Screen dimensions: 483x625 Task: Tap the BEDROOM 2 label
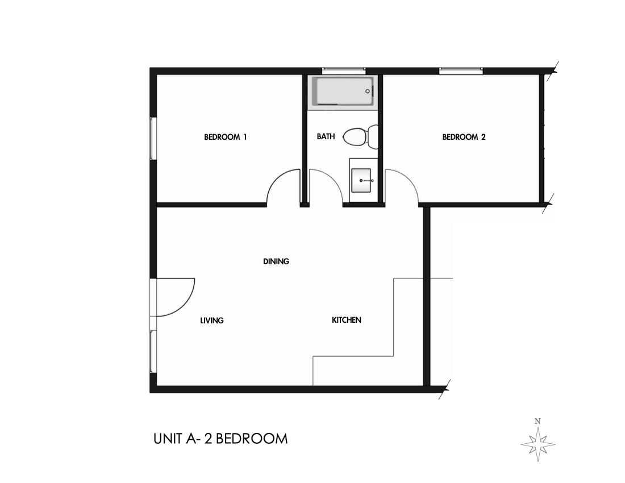(x=464, y=137)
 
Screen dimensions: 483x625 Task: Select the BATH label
(x=326, y=136)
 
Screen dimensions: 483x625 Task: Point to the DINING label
(x=276, y=261)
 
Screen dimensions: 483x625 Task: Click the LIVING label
(x=212, y=320)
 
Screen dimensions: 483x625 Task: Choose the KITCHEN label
(x=347, y=320)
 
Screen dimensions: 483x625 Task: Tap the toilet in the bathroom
(x=358, y=137)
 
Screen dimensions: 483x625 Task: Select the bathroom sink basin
(x=361, y=180)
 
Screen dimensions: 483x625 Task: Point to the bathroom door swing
(x=325, y=186)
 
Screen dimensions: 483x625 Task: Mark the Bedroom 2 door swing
(x=401, y=186)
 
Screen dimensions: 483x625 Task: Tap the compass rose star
(x=537, y=443)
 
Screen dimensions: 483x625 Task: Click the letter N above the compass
(x=537, y=421)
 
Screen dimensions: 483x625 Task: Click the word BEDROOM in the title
(x=252, y=439)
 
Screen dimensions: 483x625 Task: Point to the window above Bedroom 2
(x=461, y=71)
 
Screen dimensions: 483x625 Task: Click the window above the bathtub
(x=344, y=71)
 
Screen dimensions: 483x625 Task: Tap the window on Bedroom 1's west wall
(x=152, y=138)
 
